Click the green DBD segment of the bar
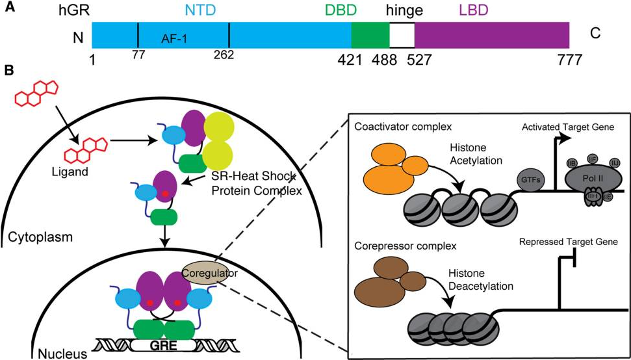point(370,34)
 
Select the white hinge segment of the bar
point(402,34)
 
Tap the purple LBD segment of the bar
point(491,34)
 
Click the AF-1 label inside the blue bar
point(174,39)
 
